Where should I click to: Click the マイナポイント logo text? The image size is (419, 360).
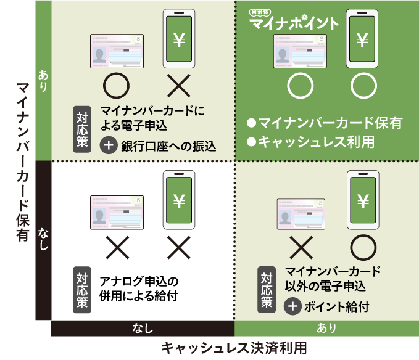click(294, 23)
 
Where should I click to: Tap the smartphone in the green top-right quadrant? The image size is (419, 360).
click(362, 38)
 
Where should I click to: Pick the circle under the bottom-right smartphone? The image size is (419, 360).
click(363, 247)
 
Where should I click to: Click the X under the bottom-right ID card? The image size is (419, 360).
click(301, 247)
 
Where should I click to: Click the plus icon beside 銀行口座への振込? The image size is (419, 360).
click(109, 145)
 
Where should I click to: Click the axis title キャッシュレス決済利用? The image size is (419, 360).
click(234, 347)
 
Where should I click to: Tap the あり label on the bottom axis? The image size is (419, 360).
click(326, 328)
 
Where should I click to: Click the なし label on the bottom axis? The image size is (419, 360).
click(143, 328)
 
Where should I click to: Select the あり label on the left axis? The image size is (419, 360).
click(43, 80)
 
